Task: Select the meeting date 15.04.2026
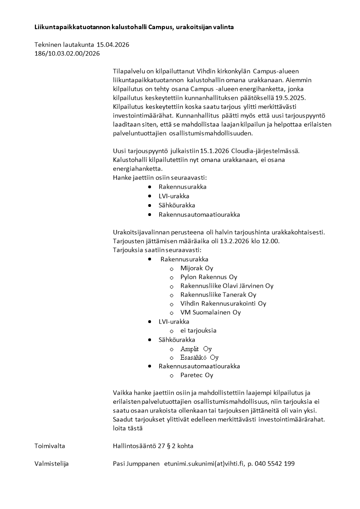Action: point(110,44)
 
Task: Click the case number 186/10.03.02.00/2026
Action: point(67,54)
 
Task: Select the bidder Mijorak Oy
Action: point(196,268)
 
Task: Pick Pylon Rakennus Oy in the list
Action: point(209,277)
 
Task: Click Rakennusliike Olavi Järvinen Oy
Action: point(227,286)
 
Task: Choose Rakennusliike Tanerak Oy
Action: point(218,295)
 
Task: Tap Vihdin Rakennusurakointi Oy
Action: point(223,303)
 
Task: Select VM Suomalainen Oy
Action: point(210,313)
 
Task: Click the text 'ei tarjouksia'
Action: point(198,330)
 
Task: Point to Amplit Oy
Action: point(196,349)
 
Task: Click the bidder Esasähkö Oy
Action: point(199,357)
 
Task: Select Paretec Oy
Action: point(196,375)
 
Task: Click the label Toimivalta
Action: point(49,446)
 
